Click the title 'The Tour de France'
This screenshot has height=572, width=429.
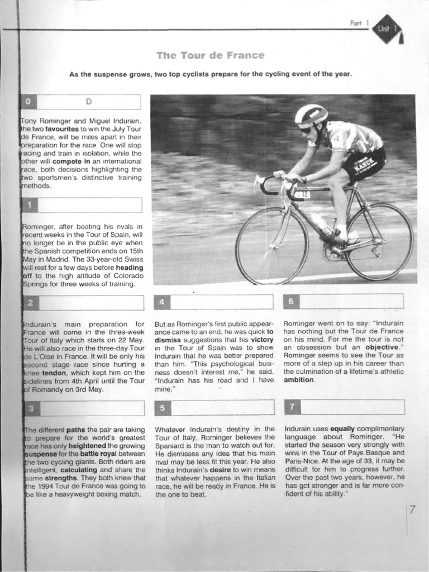(210, 55)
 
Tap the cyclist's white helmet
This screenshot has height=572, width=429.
(311, 114)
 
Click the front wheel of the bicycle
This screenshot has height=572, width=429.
(272, 245)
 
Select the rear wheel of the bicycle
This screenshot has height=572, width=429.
(379, 241)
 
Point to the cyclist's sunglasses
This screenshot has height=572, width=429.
(306, 130)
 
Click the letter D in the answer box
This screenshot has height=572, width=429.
(88, 102)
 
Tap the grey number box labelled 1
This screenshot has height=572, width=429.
(29, 205)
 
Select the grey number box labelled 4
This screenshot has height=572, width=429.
(161, 302)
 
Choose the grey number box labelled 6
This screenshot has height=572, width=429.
(291, 302)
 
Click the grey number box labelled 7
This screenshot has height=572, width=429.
(291, 407)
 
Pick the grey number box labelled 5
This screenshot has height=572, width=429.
(161, 407)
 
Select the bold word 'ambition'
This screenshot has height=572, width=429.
(299, 380)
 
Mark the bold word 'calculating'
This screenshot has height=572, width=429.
(68, 470)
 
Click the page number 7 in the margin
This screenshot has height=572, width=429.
(412, 510)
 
